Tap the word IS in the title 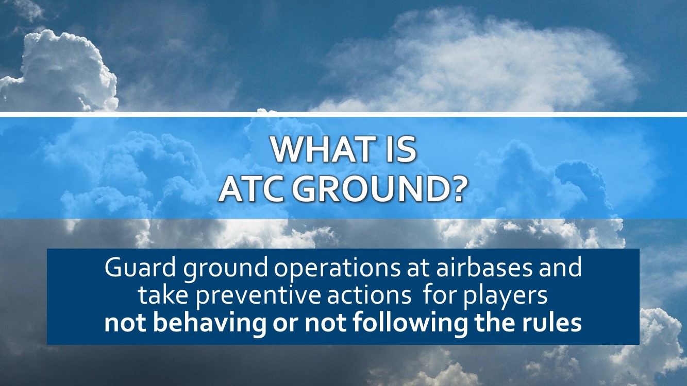[x=401, y=150]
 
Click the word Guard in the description [x=141, y=268]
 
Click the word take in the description [x=162, y=295]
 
